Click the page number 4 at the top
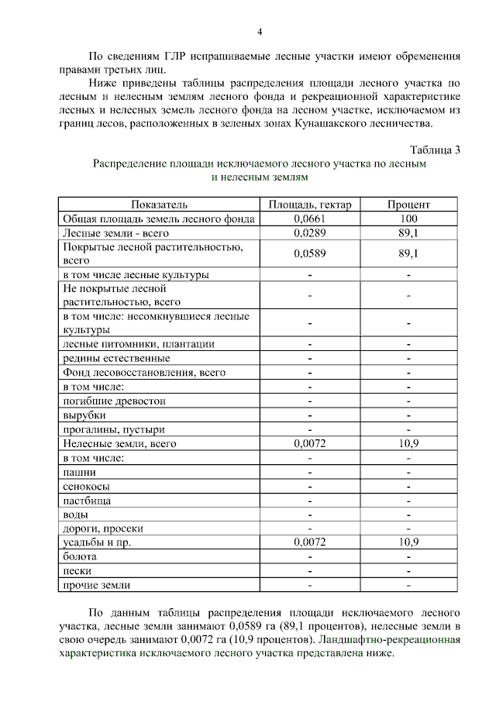(x=260, y=32)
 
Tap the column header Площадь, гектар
(x=310, y=205)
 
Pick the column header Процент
(x=408, y=205)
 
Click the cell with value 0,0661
(x=310, y=219)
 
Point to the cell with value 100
(x=408, y=219)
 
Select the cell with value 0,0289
(x=310, y=232)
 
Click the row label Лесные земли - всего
(x=115, y=232)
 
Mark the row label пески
(x=78, y=570)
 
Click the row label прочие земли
(x=97, y=585)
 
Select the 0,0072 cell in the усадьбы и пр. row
(x=310, y=542)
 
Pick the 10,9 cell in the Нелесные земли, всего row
(x=408, y=444)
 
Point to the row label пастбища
(x=87, y=501)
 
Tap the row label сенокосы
(x=86, y=487)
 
